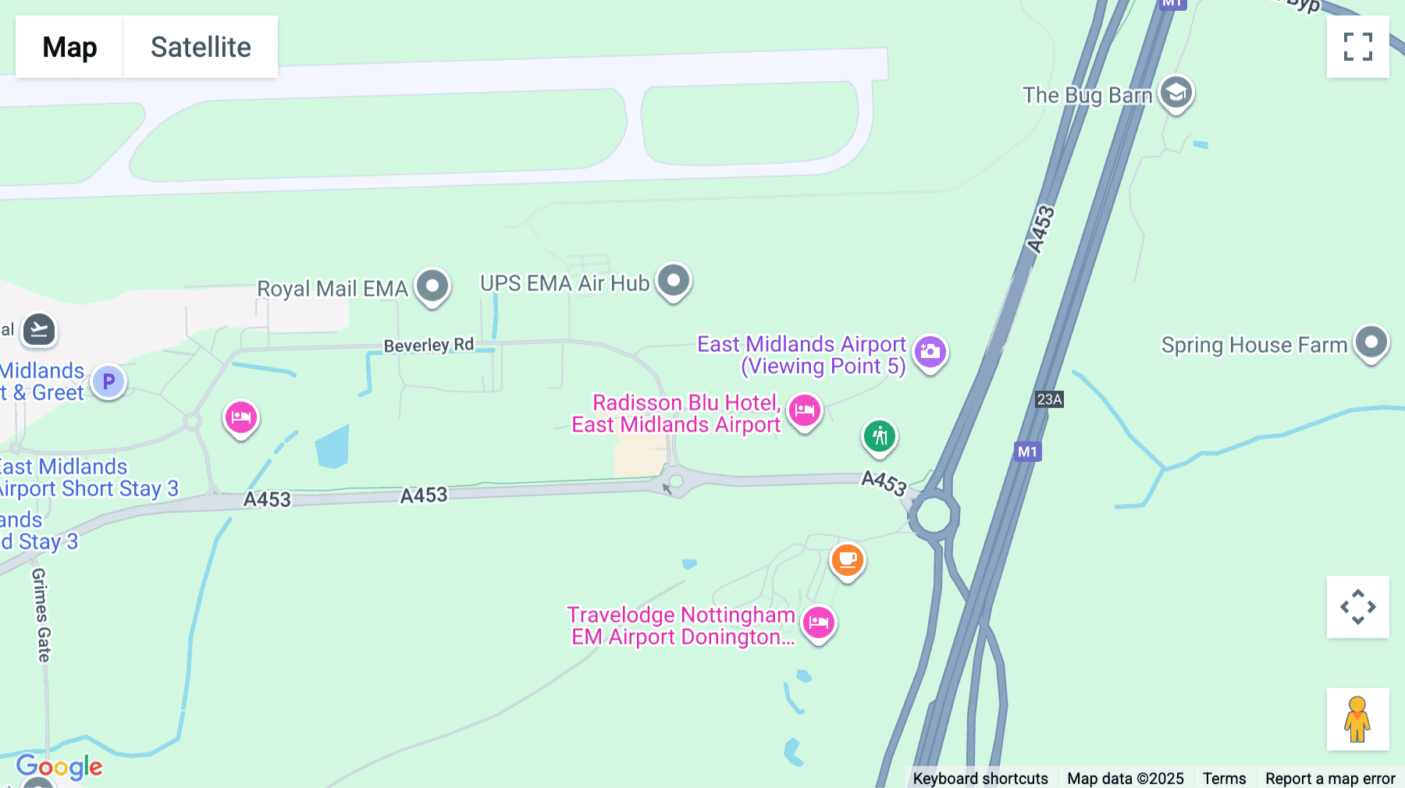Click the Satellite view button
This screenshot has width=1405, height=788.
pos(201,47)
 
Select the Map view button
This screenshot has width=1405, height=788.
pos(69,47)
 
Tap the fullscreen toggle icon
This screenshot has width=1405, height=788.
pos(1357,47)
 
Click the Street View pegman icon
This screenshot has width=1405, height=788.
pos(1357,719)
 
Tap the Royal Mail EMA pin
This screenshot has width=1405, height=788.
pos(432,286)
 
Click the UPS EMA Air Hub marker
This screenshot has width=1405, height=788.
pos(674,280)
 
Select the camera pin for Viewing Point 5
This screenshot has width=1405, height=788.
pos(930,352)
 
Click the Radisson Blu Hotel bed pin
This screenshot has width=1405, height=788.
pos(805,410)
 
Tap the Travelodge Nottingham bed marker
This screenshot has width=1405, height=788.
pos(819,623)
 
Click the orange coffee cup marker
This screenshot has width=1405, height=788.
pos(847,559)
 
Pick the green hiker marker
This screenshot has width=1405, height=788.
pos(880,435)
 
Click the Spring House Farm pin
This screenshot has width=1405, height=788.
pos(1371,342)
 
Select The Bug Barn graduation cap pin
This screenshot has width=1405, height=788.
pos(1176,93)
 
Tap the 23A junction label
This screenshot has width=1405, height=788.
pos(1049,399)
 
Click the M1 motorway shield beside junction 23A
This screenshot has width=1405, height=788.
pos(1027,452)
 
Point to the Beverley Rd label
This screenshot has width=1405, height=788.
pos(429,345)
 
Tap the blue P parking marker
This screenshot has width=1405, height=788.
pos(108,382)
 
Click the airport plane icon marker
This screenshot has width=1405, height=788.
pos(38,330)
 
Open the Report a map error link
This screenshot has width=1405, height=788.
pos(1330,778)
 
